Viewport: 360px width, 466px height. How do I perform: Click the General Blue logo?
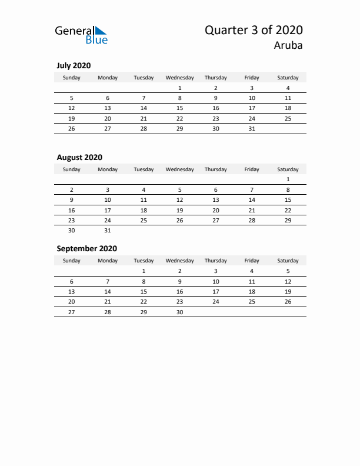click(81, 35)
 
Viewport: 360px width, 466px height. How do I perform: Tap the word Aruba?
click(288, 46)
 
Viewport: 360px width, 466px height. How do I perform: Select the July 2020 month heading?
click(74, 66)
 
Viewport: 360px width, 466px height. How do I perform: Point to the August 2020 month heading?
click(79, 157)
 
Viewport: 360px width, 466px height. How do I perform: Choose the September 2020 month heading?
click(86, 248)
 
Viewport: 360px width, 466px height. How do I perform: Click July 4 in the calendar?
click(288, 88)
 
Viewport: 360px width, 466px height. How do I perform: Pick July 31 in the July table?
click(252, 128)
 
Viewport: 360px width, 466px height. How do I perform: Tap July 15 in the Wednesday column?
click(179, 108)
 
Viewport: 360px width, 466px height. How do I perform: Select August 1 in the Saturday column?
click(288, 179)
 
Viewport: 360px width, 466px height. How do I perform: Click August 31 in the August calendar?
click(108, 230)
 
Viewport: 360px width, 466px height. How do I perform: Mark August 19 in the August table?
click(179, 210)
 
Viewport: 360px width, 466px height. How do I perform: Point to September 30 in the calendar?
click(179, 312)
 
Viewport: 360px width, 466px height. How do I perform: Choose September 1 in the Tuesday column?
click(144, 271)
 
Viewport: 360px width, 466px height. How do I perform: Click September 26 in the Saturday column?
click(288, 301)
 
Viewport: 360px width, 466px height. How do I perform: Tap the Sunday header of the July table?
click(72, 78)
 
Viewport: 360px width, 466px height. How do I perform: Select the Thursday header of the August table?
click(215, 169)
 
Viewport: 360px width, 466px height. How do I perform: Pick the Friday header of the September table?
click(252, 261)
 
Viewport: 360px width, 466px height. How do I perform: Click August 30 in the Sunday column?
click(72, 230)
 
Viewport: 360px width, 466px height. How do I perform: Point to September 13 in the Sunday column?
click(72, 291)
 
